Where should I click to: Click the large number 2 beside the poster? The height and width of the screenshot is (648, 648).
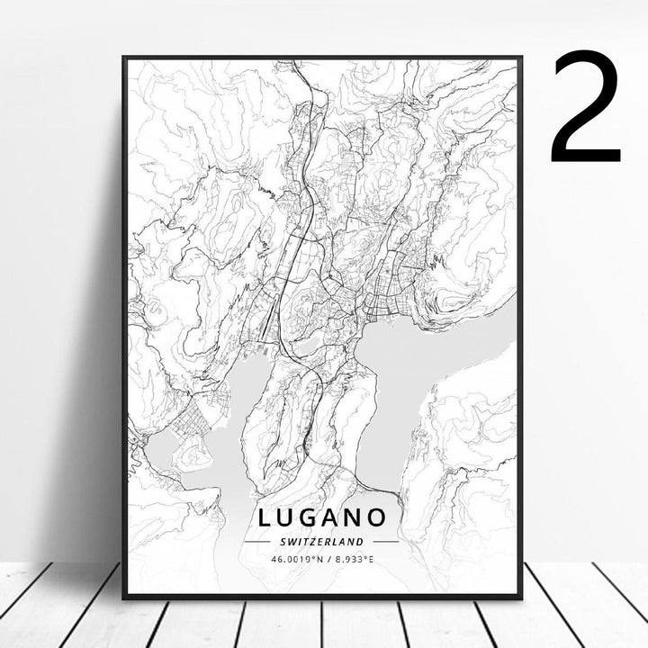[x=586, y=106]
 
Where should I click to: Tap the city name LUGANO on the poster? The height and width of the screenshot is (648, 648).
[x=323, y=517]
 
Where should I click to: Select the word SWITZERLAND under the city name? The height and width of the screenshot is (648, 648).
[x=321, y=542]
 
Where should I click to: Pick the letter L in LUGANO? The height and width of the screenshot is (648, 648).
[x=265, y=517]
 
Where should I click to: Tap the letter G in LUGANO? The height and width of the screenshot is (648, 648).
[x=312, y=517]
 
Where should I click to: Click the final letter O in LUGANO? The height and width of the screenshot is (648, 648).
[x=380, y=517]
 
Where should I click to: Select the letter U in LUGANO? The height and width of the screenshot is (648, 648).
[x=288, y=517]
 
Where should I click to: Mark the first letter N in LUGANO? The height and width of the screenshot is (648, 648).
[x=358, y=517]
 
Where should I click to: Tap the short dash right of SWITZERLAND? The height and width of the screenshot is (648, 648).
[x=385, y=542]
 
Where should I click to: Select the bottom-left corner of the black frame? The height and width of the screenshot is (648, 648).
[x=124, y=597]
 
